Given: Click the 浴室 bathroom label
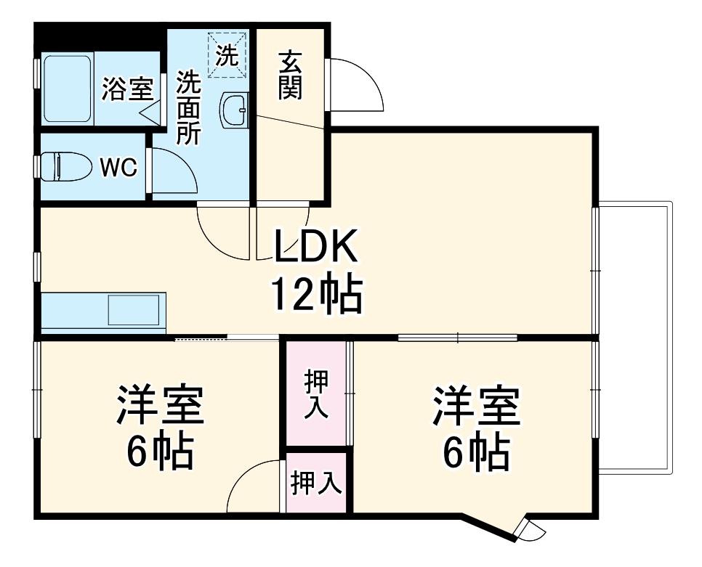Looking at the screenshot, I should (127, 90).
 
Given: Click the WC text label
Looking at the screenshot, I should (118, 168).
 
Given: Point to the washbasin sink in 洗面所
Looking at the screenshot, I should (234, 111).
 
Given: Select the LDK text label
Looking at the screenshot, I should (315, 248).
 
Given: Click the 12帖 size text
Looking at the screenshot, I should (317, 294).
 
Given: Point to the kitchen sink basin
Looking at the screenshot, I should (133, 310).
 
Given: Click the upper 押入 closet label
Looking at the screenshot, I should (316, 394).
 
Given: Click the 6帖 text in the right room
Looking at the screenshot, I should (476, 454).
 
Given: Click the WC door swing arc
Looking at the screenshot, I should (174, 171).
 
